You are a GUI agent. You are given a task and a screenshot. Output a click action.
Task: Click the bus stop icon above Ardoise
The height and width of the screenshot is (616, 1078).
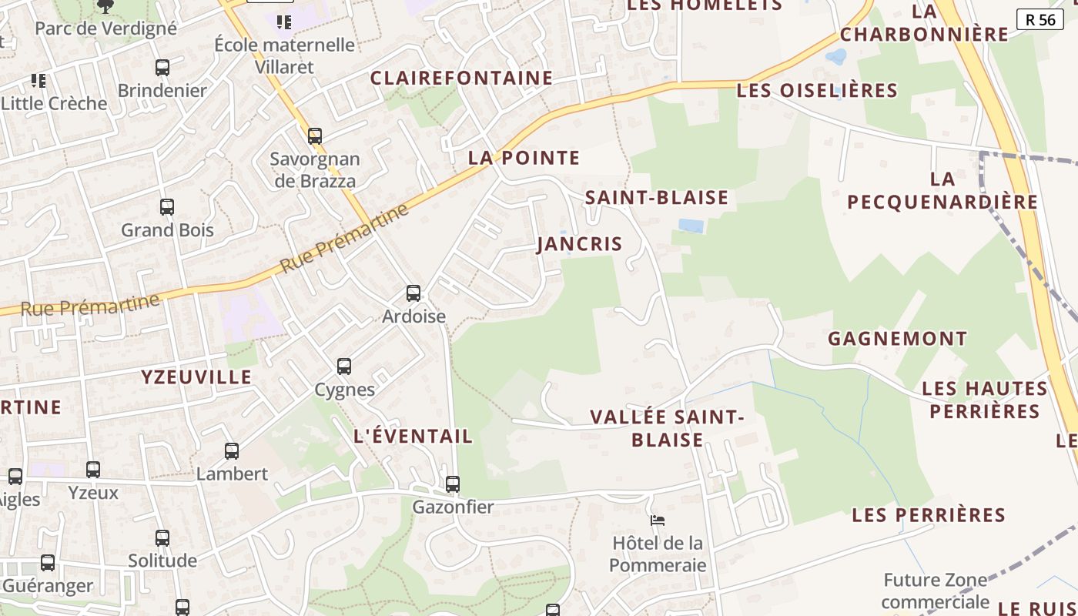pos(413,293)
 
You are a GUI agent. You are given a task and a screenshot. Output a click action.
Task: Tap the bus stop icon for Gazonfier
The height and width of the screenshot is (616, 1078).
pos(453,484)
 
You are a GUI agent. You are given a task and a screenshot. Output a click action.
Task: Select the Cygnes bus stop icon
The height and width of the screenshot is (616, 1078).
pos(344,367)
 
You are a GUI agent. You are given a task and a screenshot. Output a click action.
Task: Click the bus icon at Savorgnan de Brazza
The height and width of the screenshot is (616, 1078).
pos(315,136)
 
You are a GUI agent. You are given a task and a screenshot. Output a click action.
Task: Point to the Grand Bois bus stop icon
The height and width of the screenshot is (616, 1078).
pos(167,206)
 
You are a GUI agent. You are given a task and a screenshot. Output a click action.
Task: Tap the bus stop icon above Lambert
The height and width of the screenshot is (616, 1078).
pos(232,451)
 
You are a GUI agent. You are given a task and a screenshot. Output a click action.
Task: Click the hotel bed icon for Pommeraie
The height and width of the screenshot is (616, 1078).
pos(658,521)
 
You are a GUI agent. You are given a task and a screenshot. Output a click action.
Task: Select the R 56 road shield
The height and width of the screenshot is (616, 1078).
pos(1040,19)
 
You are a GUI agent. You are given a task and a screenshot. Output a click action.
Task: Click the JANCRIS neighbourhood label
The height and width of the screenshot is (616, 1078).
pos(580,244)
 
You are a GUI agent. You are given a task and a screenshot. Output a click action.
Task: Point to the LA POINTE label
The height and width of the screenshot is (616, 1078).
pos(524,158)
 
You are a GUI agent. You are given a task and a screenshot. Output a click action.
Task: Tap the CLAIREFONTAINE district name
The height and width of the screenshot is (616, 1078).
pos(461,78)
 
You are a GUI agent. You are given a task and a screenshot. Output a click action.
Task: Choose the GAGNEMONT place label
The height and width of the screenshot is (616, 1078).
pos(897,338)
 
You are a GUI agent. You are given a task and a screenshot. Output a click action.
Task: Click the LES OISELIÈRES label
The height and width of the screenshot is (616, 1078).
pos(817,90)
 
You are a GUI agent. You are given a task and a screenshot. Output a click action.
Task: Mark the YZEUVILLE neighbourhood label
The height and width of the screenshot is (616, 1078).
pos(196,377)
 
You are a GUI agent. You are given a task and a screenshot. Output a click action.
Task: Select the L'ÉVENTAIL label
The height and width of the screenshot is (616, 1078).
pos(413,436)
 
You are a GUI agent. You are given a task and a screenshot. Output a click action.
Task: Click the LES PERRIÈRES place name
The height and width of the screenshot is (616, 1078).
pos(929,514)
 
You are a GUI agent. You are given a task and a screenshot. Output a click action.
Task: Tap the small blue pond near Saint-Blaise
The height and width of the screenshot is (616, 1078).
pos(691,226)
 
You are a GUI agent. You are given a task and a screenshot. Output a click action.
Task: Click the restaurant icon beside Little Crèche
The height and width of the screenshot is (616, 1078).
pos(38,80)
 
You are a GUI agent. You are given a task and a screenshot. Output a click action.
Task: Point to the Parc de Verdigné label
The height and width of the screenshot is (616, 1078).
pos(106,28)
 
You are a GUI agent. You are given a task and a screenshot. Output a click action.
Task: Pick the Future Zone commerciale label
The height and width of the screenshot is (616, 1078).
pos(935,591)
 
